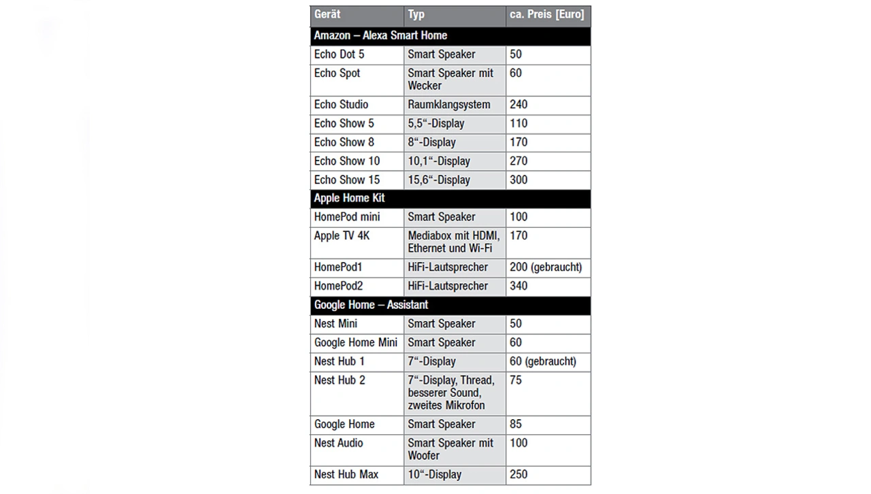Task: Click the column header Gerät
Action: click(x=327, y=14)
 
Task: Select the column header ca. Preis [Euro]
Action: click(x=546, y=14)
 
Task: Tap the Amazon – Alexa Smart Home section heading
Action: click(x=380, y=35)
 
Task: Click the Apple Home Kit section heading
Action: click(x=349, y=198)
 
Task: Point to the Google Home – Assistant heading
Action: click(x=371, y=305)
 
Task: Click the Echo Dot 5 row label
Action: click(x=339, y=54)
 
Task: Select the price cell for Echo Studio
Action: click(x=519, y=105)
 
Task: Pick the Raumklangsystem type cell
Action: click(x=448, y=105)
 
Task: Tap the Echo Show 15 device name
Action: click(x=346, y=180)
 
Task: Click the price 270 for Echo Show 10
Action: click(x=519, y=161)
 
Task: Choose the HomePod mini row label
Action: click(x=346, y=217)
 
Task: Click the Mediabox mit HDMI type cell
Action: click(x=453, y=242)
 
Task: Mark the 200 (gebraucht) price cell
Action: click(x=546, y=267)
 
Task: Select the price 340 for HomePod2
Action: click(x=519, y=286)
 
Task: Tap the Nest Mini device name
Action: click(x=335, y=324)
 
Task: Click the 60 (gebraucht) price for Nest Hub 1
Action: click(x=542, y=361)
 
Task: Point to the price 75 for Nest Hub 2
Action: click(x=516, y=380)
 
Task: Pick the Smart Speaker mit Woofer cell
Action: click(x=450, y=449)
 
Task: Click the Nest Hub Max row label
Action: click(x=346, y=474)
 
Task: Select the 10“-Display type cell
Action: click(x=434, y=474)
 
